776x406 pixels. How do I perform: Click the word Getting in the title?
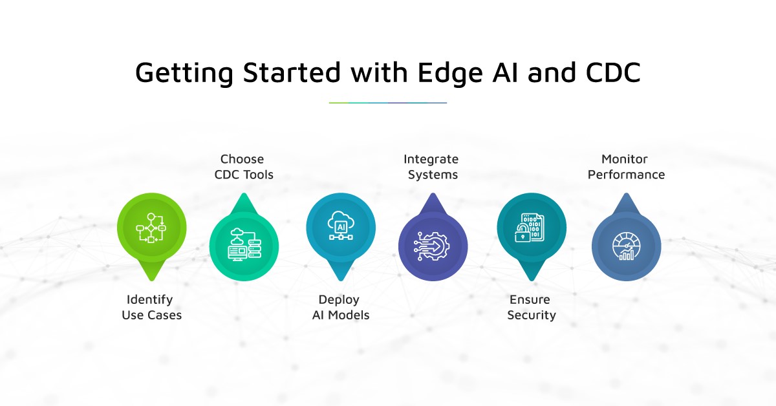tap(184, 74)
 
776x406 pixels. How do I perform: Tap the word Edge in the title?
tap(450, 74)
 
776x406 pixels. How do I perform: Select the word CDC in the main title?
tap(613, 72)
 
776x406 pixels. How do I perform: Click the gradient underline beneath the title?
tap(387, 103)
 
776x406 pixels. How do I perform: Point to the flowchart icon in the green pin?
tap(151, 228)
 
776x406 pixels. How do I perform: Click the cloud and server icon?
tap(244, 244)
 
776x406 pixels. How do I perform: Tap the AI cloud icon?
tap(341, 226)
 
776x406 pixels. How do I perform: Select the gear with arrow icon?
tap(433, 246)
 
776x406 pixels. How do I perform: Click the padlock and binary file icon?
tap(530, 228)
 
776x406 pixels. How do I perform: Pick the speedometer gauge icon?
tap(626, 246)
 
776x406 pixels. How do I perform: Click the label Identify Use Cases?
tap(151, 307)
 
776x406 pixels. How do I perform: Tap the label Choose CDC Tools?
tap(244, 167)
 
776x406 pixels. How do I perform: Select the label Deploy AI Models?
tap(341, 307)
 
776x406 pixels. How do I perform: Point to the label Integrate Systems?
tap(431, 167)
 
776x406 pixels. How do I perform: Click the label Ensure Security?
tap(531, 307)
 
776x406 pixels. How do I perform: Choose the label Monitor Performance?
tap(626, 167)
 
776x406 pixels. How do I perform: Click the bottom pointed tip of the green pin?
tap(151, 280)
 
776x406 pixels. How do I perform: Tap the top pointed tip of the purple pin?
tap(433, 194)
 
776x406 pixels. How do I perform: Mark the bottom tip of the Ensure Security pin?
tap(532, 280)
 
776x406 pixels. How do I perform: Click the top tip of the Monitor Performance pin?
tap(626, 194)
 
